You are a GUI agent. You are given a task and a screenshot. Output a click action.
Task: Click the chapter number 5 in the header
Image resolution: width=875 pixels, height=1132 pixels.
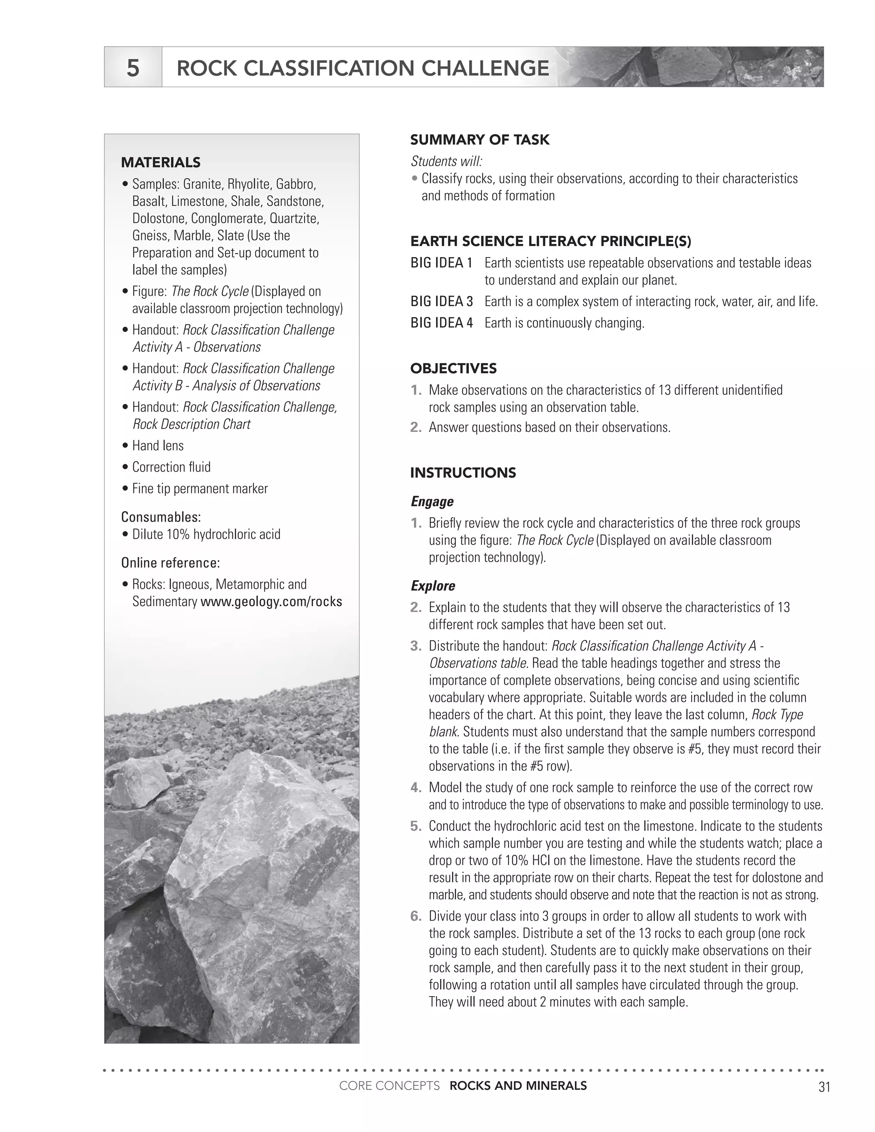133,68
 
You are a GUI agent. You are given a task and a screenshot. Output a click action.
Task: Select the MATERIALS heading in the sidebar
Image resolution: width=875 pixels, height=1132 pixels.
161,162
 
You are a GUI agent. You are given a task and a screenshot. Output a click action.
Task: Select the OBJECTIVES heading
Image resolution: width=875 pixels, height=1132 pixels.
453,369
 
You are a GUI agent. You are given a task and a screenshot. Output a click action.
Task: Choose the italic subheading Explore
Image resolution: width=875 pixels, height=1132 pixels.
433,586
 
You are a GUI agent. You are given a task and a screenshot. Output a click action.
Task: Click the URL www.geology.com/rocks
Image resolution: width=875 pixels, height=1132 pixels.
271,601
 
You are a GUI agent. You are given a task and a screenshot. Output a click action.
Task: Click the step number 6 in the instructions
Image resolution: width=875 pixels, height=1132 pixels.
416,916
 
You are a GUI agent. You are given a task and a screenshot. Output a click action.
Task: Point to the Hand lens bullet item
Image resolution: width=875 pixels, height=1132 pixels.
158,445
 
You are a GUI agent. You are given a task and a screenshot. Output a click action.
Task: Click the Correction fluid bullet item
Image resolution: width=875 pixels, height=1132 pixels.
171,467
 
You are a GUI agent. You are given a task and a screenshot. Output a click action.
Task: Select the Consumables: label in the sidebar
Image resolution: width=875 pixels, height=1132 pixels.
161,517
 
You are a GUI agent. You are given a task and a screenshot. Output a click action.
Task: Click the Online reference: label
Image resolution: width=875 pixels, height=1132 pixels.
170,563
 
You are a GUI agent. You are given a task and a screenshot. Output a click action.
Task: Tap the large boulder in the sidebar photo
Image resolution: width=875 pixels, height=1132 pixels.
259,881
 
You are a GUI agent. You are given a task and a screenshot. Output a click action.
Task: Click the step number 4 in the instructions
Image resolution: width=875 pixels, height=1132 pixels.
416,787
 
